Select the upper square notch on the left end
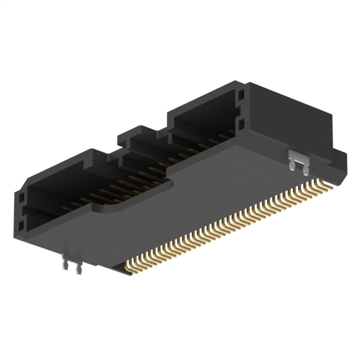[x=21, y=199]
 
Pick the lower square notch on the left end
[x=21, y=226]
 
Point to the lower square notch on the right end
[x=241, y=122]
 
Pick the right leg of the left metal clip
[x=78, y=269]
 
